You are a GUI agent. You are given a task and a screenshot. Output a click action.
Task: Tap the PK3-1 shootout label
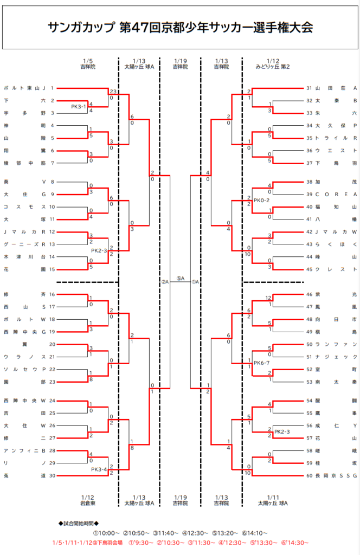79,107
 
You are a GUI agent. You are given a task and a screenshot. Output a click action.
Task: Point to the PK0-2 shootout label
261,201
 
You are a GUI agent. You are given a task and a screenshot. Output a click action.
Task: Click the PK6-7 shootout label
261,363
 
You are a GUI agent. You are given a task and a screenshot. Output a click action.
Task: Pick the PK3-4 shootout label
99,469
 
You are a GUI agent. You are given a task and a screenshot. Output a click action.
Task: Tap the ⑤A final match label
180,279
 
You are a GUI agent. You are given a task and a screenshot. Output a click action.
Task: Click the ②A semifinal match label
165,282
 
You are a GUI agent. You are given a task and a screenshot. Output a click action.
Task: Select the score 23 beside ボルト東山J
113,91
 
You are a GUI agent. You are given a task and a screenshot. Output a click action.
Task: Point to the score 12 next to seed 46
268,298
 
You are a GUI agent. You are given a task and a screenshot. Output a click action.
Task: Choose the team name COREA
335,194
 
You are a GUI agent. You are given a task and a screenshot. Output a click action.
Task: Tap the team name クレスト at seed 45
335,269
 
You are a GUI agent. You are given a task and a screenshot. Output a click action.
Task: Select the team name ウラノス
25,356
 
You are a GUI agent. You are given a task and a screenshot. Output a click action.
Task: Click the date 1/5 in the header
88,61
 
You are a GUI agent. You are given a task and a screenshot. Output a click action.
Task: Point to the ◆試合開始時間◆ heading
79,524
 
